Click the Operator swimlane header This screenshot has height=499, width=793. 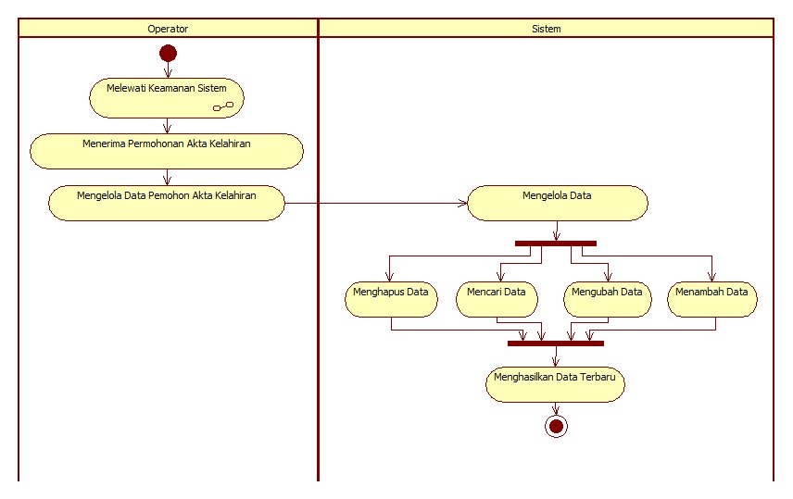tap(168, 29)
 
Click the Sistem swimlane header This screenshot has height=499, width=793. tap(546, 29)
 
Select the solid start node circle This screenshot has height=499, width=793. tap(168, 53)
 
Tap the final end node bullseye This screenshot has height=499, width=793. tap(556, 426)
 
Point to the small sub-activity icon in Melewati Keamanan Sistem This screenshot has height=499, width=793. tap(222, 107)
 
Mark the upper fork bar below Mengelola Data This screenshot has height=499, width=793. tap(556, 243)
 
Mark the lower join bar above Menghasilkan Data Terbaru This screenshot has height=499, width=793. tap(556, 343)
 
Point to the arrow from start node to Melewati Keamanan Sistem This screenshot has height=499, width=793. tap(168, 69)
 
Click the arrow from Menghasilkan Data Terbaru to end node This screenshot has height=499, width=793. tap(556, 408)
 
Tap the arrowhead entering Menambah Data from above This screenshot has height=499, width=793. tap(711, 276)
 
